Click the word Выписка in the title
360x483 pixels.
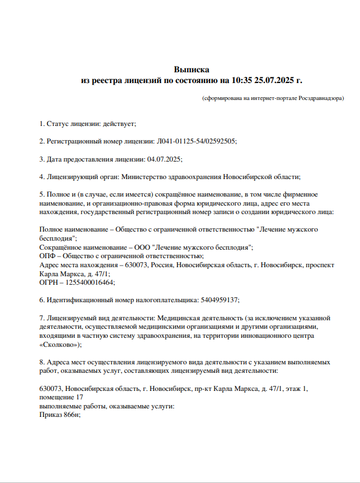[x=192, y=70]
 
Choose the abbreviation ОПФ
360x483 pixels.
[x=47, y=256]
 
